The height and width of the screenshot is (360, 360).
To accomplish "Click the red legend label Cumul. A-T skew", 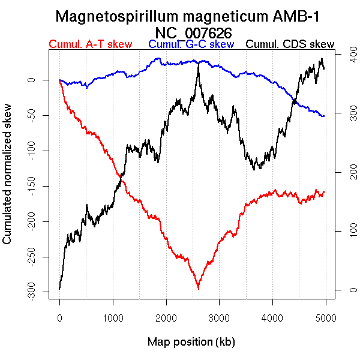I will coord(90,44).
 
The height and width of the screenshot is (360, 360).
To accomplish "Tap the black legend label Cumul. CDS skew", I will coord(290,44).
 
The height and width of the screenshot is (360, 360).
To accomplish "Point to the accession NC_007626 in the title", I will coord(193,32).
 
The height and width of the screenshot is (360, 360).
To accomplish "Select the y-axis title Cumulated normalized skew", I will coord(8,182).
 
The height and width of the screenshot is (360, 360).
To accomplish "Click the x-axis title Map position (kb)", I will coord(191,342).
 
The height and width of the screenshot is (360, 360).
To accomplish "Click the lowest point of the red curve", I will coord(198,289).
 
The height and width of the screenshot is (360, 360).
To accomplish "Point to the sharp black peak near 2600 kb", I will coord(198,63).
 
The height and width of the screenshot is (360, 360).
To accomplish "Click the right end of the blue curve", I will coord(324,116).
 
